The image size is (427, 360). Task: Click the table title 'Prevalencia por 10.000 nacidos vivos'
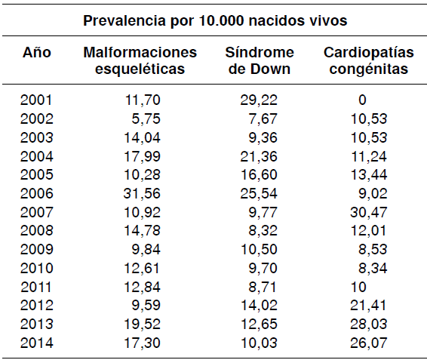(215, 21)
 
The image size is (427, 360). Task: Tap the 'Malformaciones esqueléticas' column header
(140, 60)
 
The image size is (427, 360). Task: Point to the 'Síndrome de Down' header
(259, 60)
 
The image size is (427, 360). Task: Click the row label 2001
(37, 100)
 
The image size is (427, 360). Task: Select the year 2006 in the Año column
(37, 191)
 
